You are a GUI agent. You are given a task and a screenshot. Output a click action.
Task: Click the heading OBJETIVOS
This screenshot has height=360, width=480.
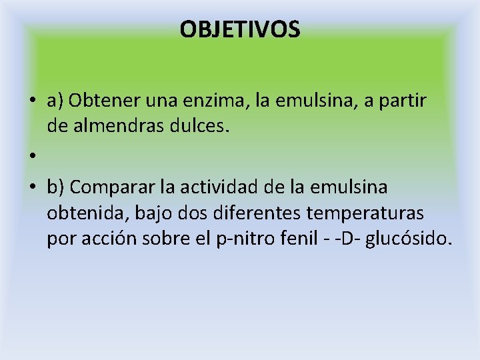coord(240,29)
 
